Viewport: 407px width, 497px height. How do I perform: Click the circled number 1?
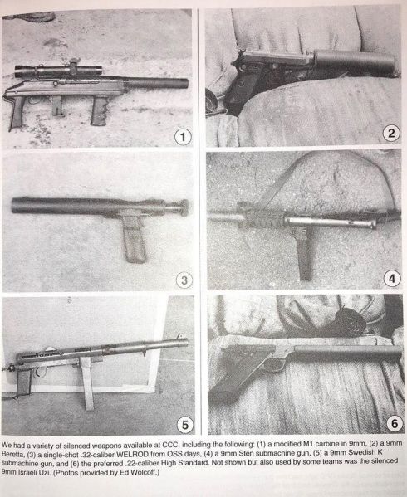click(x=183, y=137)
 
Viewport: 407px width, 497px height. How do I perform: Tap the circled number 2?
click(x=391, y=133)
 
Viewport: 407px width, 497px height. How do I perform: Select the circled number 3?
click(x=184, y=280)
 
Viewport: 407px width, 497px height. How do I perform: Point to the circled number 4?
click(x=392, y=279)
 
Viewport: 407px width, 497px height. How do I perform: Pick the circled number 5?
click(x=185, y=425)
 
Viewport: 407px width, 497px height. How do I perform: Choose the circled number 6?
click(x=395, y=423)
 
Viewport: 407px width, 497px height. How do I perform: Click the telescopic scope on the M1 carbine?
click(x=58, y=70)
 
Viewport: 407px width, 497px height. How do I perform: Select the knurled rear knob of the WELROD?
click(x=184, y=207)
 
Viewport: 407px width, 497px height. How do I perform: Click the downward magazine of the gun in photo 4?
click(x=304, y=253)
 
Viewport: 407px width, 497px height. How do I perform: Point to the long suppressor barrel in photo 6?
click(x=348, y=351)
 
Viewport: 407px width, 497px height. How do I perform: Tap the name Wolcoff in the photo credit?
click(x=145, y=473)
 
